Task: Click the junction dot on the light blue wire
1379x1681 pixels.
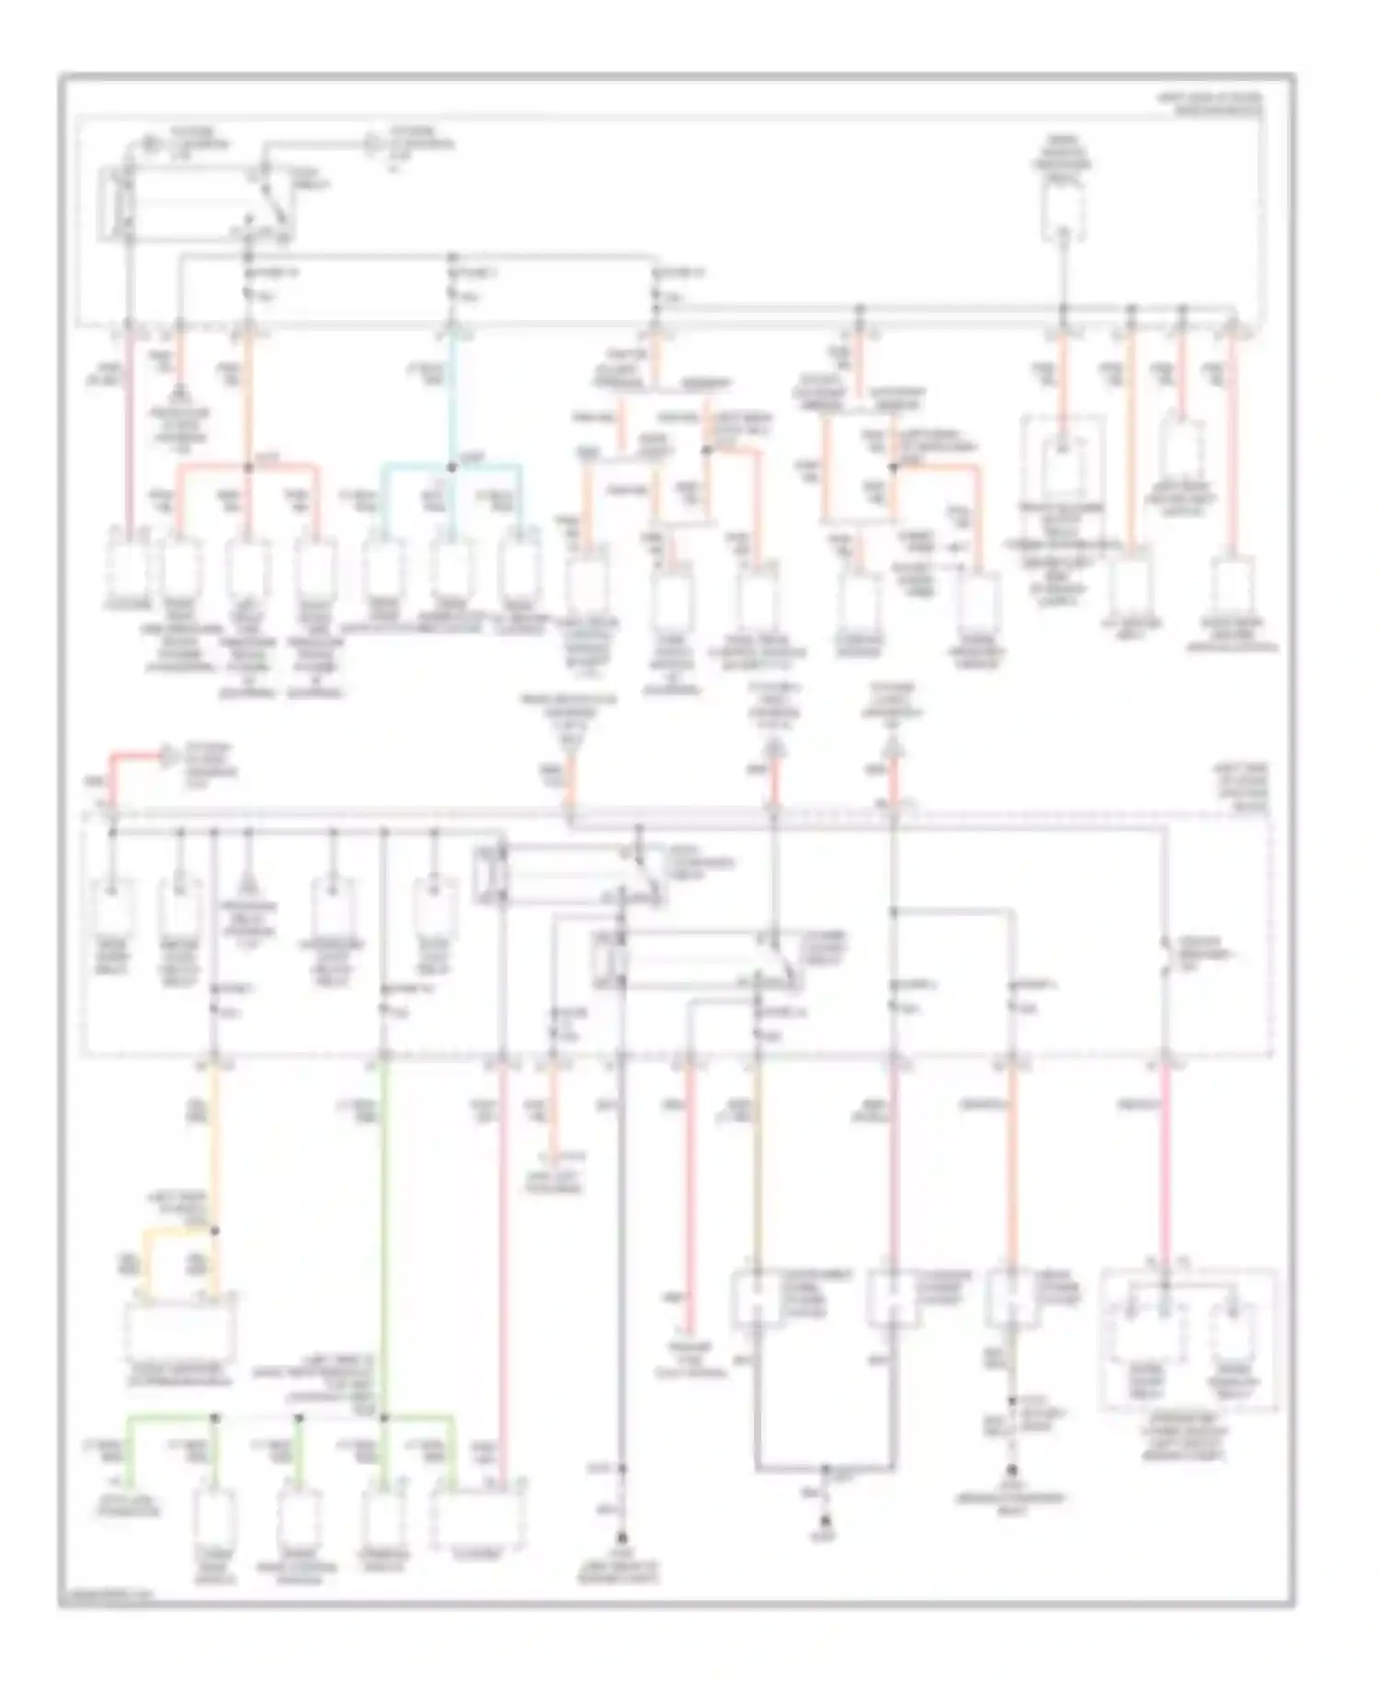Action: click(x=450, y=468)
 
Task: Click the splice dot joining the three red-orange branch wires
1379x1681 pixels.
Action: click(x=246, y=468)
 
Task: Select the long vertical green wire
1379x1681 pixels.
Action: click(x=384, y=1232)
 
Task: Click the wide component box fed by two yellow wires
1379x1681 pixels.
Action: click(x=180, y=1327)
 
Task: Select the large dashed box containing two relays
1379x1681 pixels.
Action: click(x=1189, y=1340)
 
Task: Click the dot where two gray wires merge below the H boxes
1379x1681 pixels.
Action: click(x=825, y=1469)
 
